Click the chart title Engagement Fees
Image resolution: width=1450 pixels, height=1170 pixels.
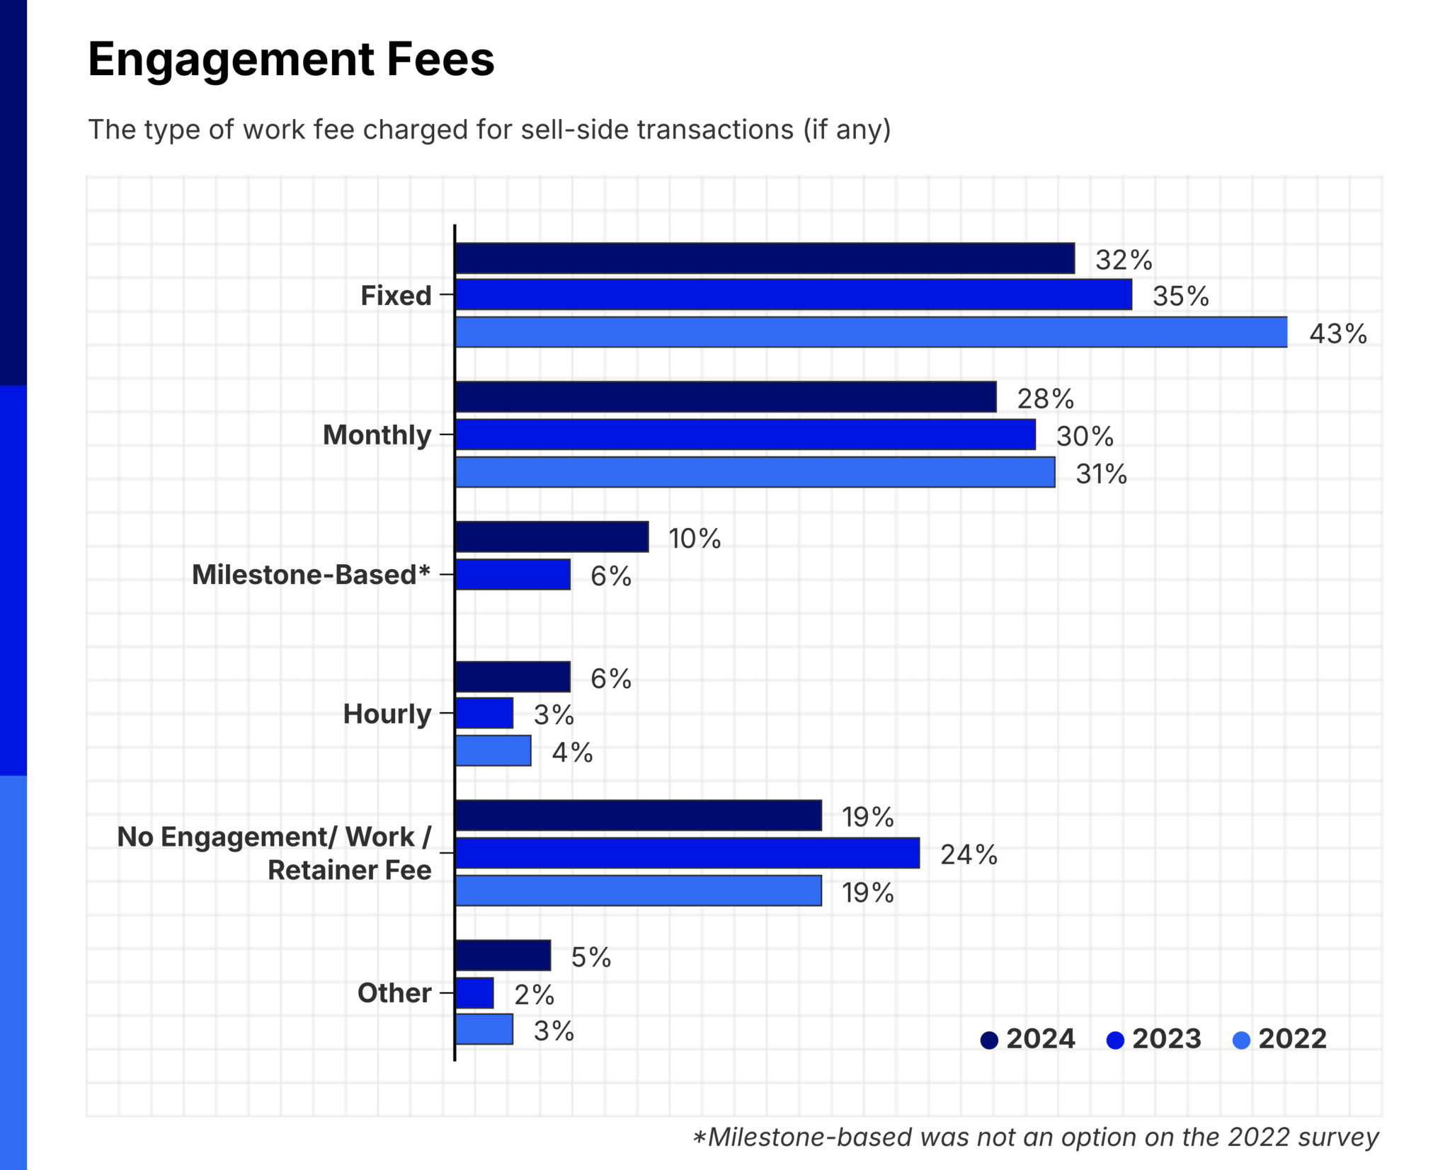click(x=291, y=59)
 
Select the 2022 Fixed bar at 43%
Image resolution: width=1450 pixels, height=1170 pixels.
click(x=871, y=332)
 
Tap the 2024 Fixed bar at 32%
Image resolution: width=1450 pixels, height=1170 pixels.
click(x=765, y=258)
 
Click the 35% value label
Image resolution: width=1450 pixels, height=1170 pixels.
click(x=1180, y=296)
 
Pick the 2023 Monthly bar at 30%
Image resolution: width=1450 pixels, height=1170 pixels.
click(x=745, y=435)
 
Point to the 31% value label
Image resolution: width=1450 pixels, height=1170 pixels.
click(x=1101, y=474)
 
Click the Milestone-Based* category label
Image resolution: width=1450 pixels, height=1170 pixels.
click(x=311, y=575)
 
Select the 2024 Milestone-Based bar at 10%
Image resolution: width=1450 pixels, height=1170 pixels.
click(x=552, y=537)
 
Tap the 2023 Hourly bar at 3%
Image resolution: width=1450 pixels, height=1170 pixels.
click(x=484, y=713)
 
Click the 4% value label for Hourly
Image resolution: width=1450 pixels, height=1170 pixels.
click(x=572, y=752)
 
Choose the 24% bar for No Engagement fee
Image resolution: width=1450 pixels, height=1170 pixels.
click(x=687, y=853)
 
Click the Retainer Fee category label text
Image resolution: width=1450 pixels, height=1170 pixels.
click(x=349, y=870)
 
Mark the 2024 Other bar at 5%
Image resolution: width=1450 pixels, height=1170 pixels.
click(x=503, y=956)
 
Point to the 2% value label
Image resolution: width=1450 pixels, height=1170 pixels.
click(x=534, y=995)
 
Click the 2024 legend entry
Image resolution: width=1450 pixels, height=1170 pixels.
click(x=1028, y=1039)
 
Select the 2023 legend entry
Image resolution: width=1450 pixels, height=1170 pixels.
click(x=1154, y=1039)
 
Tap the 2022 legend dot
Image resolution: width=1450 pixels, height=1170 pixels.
click(x=1241, y=1040)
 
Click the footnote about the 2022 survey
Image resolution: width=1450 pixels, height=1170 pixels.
click(x=1035, y=1137)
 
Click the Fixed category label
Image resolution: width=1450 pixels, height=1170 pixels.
click(x=396, y=295)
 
